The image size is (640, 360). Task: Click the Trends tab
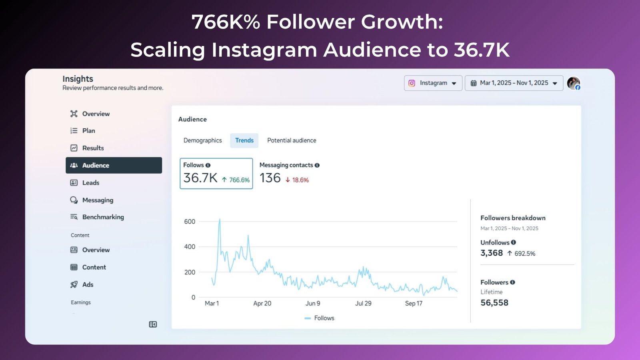pos(244,140)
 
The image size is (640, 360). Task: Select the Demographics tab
pos(202,140)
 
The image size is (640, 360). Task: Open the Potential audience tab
pos(292,140)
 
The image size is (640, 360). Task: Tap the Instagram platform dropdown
pos(433,83)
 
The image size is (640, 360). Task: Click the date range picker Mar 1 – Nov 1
pos(514,83)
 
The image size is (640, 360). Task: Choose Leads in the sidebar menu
pos(90,183)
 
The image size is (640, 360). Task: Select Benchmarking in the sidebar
pos(103,217)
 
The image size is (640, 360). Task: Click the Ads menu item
pos(88,285)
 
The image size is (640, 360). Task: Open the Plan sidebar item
pos(88,131)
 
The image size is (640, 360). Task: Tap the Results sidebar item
pos(93,148)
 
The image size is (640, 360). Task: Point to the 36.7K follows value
pos(200,178)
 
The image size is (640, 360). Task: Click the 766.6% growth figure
pos(239,180)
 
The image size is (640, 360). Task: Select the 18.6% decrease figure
pos(300,180)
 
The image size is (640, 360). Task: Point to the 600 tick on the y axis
pos(190,222)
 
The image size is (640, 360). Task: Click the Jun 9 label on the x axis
pos(313,304)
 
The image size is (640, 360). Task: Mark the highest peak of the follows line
pos(219,219)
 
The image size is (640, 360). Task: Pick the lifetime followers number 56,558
pos(494,303)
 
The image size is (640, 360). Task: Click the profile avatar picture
pos(573,83)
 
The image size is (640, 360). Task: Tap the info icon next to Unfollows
pos(514,242)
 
